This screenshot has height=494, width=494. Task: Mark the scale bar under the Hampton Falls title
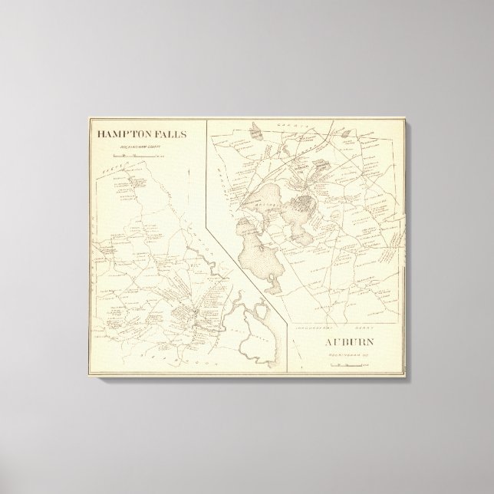140,155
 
